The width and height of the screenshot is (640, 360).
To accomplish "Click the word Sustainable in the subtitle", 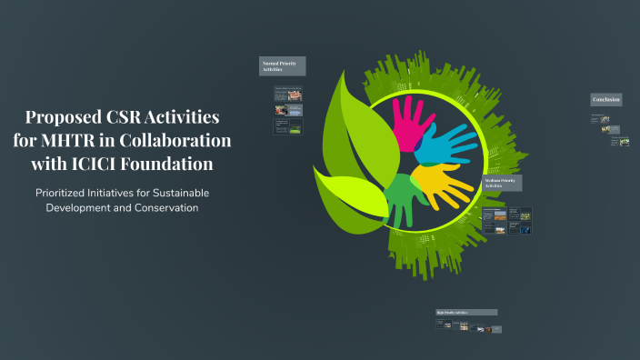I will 175,193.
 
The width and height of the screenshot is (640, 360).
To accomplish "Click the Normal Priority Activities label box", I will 282,66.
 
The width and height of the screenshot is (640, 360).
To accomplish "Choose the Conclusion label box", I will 606,99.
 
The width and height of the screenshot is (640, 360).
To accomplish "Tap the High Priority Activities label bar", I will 466,312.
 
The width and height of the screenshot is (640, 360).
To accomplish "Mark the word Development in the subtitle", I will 79,207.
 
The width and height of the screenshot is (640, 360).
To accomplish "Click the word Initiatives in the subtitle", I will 120,193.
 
